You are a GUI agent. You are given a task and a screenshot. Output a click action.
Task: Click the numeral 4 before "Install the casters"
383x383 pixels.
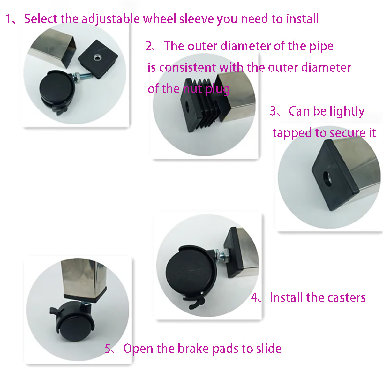pyautogui.click(x=254, y=297)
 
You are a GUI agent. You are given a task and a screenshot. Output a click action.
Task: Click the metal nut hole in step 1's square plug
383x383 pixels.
pyautogui.click(x=97, y=57)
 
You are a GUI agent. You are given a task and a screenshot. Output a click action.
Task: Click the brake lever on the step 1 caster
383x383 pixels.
pyautogui.click(x=61, y=110)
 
